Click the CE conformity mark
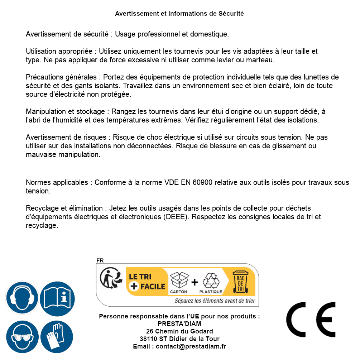click(x=311, y=320)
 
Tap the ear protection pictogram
click(x=22, y=298)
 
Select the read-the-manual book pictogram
click(x=57, y=298)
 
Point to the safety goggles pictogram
click(x=22, y=337)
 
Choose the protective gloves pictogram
click(x=57, y=337)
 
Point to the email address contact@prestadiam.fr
click(x=191, y=346)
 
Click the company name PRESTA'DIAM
click(x=179, y=324)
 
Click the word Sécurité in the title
click(x=231, y=14)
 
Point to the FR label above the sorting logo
click(x=100, y=260)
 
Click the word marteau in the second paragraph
click(x=262, y=60)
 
